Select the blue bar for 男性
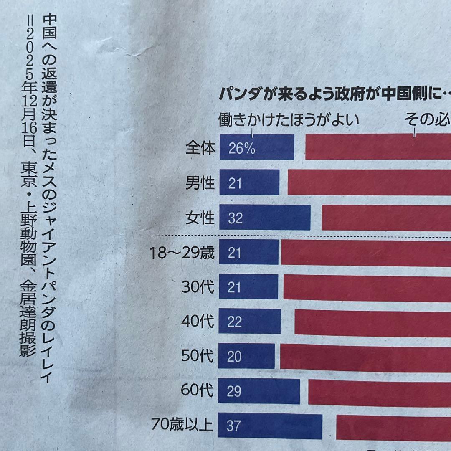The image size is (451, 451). pos(249,182)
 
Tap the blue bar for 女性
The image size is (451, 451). pos(264,218)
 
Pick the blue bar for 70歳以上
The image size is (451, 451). pos(270,426)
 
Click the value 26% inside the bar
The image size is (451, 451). pos(242,149)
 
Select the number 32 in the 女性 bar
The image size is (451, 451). pos(235,218)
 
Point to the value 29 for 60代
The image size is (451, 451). pos(235,392)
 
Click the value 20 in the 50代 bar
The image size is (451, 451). pos(235,357)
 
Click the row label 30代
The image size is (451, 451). pos(198,287)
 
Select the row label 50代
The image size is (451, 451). pos(198,356)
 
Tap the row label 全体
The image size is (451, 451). pos(200,148)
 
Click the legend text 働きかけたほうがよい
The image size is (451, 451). pos(289,121)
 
